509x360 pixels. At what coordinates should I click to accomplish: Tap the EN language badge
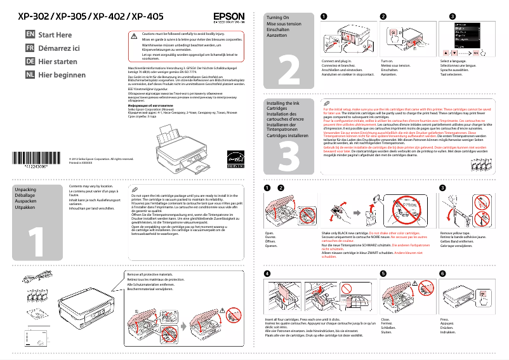point(30,34)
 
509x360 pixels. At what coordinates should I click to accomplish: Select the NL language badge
point(30,74)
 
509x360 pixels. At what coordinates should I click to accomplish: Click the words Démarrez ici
point(59,48)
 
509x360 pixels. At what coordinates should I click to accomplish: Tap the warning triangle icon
point(134,36)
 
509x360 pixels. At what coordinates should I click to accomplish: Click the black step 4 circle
point(267,273)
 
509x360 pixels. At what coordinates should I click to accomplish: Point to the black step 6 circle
point(443,273)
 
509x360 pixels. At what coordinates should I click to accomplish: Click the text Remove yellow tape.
point(456,234)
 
